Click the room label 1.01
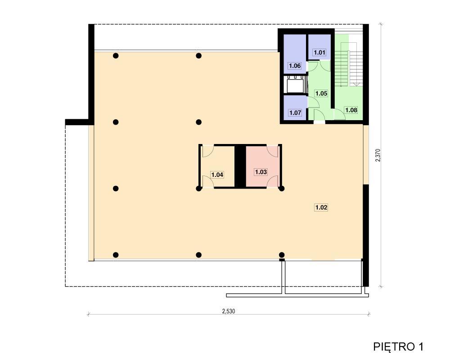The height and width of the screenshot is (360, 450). click(319, 53)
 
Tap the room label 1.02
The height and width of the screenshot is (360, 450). click(321, 207)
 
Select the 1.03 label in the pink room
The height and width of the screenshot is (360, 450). click(261, 172)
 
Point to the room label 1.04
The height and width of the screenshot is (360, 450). click(217, 175)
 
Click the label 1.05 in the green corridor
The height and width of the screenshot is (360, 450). click(321, 93)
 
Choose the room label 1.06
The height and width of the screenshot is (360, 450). click(295, 66)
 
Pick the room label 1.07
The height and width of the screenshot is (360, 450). click(295, 112)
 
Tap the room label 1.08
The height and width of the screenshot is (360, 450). click(351, 110)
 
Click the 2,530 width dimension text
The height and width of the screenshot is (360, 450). click(229, 311)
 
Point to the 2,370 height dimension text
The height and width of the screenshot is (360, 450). click(378, 155)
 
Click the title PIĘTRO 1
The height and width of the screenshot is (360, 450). click(398, 347)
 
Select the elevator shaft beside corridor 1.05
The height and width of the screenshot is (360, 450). click(295, 85)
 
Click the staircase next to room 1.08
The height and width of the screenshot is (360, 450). click(348, 65)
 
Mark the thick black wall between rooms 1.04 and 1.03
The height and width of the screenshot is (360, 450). click(240, 166)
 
